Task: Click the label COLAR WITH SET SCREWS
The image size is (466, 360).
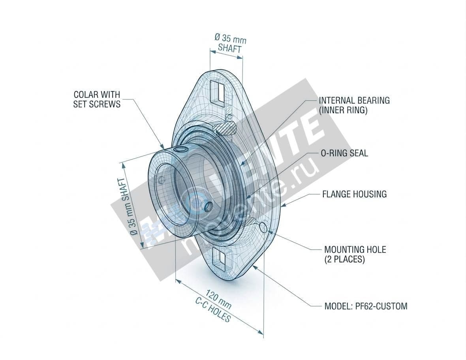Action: click(x=97, y=99)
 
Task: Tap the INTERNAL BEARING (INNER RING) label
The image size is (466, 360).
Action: click(x=354, y=105)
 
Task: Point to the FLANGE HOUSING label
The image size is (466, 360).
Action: click(x=354, y=194)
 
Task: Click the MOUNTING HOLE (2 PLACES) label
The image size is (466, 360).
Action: click(x=355, y=255)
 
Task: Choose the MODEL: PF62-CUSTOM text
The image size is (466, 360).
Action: click(x=365, y=306)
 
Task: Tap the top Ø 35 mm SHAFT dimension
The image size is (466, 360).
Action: click(x=230, y=43)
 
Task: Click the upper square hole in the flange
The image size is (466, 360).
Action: click(x=218, y=92)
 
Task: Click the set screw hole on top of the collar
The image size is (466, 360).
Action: click(x=180, y=149)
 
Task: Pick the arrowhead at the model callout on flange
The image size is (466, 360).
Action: click(x=255, y=267)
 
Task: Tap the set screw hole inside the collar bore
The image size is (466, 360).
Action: click(x=208, y=206)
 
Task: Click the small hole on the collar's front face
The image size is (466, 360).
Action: click(x=161, y=180)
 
